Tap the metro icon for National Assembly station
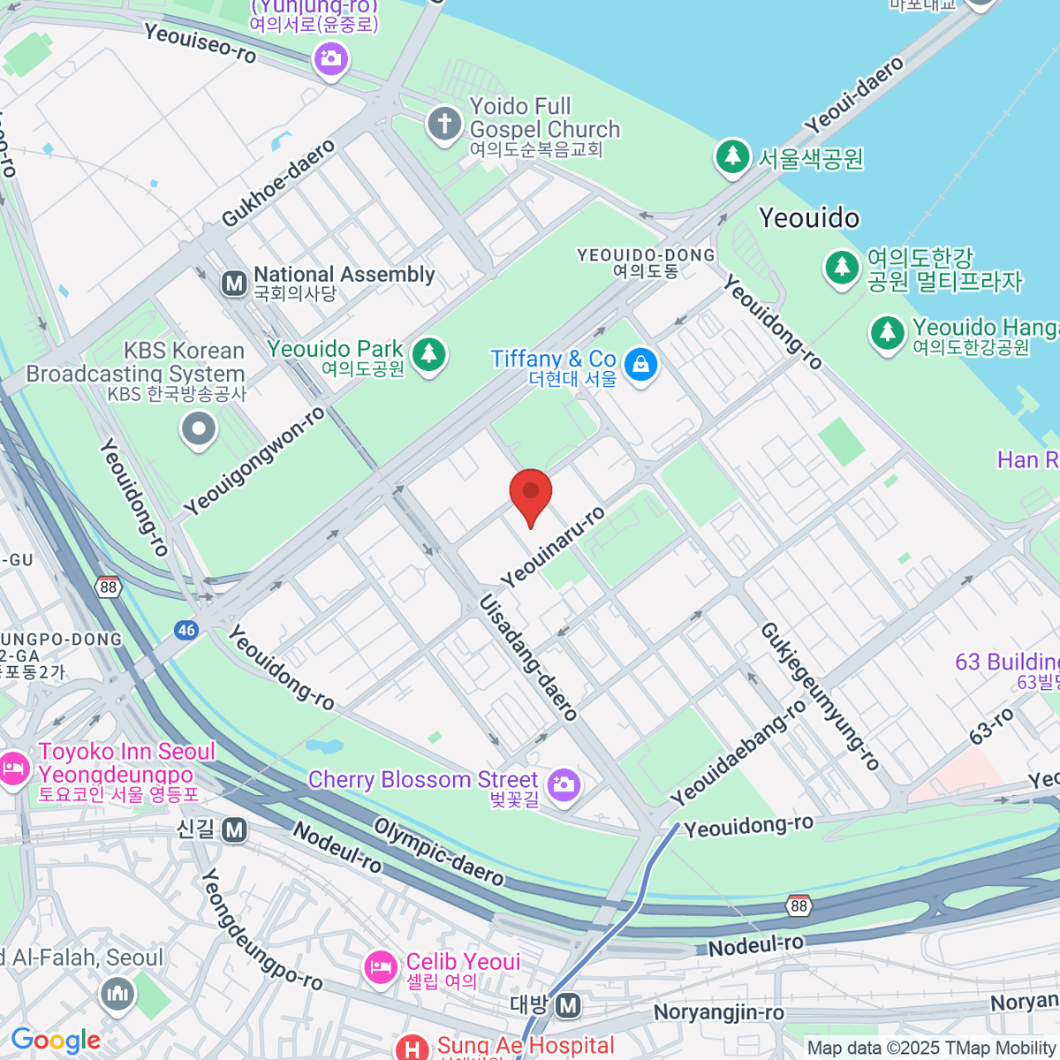click(x=234, y=284)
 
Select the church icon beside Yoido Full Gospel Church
click(x=444, y=125)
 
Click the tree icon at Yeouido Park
click(x=429, y=355)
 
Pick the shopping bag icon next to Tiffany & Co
click(x=640, y=364)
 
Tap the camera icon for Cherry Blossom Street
click(x=563, y=784)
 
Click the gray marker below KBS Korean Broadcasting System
click(x=198, y=430)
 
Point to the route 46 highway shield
click(x=186, y=630)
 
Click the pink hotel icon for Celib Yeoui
click(x=382, y=967)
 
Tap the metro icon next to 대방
click(x=569, y=1005)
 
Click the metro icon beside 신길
click(x=234, y=829)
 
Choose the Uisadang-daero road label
click(x=528, y=657)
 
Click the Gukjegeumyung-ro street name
click(x=821, y=696)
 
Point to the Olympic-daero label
click(x=439, y=852)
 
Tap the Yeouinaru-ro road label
click(x=554, y=548)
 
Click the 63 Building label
click(x=1007, y=662)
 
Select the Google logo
click(x=56, y=1041)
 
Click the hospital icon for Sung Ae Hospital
click(x=412, y=1049)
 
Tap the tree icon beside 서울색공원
click(x=731, y=157)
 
